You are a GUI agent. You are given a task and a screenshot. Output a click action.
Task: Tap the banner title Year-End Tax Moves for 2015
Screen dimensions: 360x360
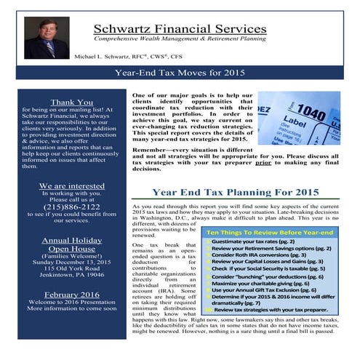click(180, 73)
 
